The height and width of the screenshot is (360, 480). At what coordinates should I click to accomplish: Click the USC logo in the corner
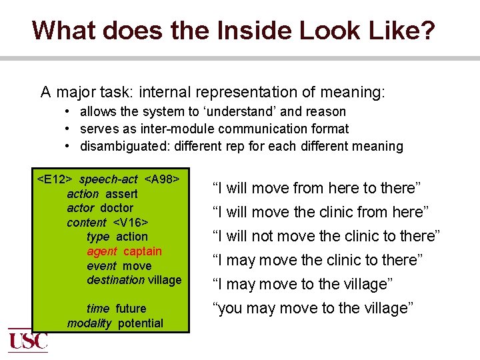[x=27, y=340]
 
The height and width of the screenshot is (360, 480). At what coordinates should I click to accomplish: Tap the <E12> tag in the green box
[x=55, y=179]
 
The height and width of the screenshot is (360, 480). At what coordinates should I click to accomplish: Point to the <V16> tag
[x=130, y=223]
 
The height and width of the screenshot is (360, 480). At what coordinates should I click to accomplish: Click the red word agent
[x=101, y=251]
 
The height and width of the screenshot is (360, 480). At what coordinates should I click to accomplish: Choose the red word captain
[x=142, y=251]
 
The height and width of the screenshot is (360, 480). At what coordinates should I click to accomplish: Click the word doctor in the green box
[x=117, y=208]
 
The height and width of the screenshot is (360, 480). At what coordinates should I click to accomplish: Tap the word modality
[x=89, y=323]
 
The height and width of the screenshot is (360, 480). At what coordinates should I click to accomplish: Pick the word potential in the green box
[x=141, y=323]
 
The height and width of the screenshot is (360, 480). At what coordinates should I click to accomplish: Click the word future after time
[x=131, y=309]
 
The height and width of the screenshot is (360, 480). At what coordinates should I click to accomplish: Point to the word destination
[x=115, y=280]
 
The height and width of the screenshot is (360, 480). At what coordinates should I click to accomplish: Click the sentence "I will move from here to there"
[x=316, y=188]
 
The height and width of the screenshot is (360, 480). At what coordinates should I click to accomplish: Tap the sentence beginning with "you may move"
[x=313, y=308]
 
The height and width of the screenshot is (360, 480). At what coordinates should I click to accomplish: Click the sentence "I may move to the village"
[x=303, y=284]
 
